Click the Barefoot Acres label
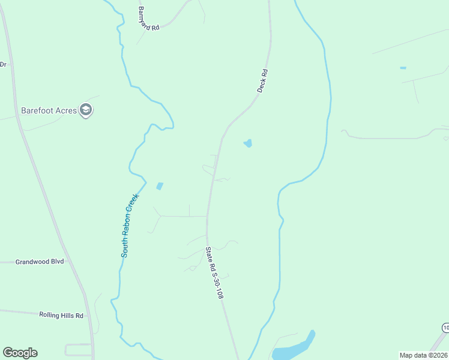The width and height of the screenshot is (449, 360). [49, 110]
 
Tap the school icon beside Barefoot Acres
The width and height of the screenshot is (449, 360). [86, 110]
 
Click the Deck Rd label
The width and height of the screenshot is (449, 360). [262, 80]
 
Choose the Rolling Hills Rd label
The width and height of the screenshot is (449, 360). [61, 314]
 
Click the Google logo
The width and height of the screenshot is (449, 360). [20, 353]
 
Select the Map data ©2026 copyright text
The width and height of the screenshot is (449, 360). [423, 355]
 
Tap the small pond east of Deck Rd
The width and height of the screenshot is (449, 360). [247, 143]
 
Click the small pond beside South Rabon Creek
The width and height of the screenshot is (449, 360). [159, 186]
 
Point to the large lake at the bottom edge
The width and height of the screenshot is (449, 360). [293, 349]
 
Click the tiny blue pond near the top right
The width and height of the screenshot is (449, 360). [403, 68]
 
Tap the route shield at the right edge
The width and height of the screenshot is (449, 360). [445, 327]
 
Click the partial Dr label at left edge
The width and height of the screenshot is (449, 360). [3, 64]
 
